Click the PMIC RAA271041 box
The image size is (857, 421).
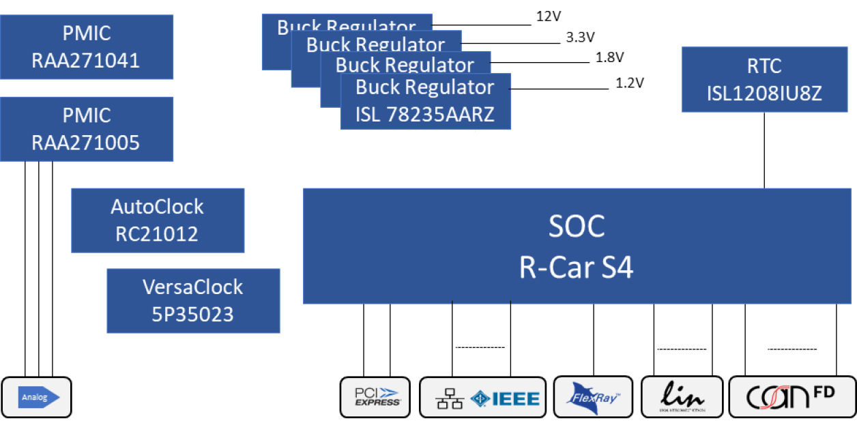click(x=87, y=47)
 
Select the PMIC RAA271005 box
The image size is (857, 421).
click(x=87, y=129)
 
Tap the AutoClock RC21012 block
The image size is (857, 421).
click(x=158, y=220)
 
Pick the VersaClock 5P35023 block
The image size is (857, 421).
click(x=193, y=301)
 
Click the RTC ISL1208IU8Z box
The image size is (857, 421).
click(x=764, y=79)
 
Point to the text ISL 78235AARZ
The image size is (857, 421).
click(x=424, y=114)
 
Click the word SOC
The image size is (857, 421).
click(x=576, y=226)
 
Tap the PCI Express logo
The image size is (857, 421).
click(x=375, y=397)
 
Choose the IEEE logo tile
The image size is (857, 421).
click(x=482, y=397)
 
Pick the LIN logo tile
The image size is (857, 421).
click(x=682, y=397)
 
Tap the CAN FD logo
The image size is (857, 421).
click(x=789, y=397)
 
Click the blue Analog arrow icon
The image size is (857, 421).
click(x=38, y=397)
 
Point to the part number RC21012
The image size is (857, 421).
click(x=158, y=234)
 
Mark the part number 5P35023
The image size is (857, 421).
click(x=193, y=315)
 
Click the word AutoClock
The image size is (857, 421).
click(x=158, y=207)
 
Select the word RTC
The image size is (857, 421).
click(x=764, y=66)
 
